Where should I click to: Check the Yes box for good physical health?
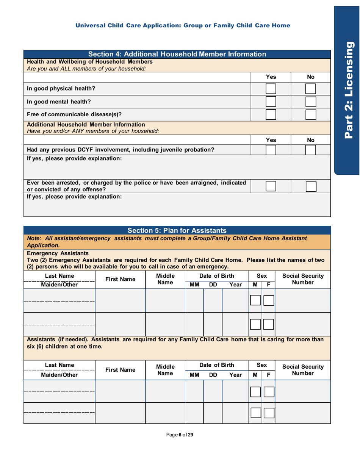coord(271,89)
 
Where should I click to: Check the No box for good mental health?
coord(311,102)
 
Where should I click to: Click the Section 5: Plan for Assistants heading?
coord(177,230)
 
